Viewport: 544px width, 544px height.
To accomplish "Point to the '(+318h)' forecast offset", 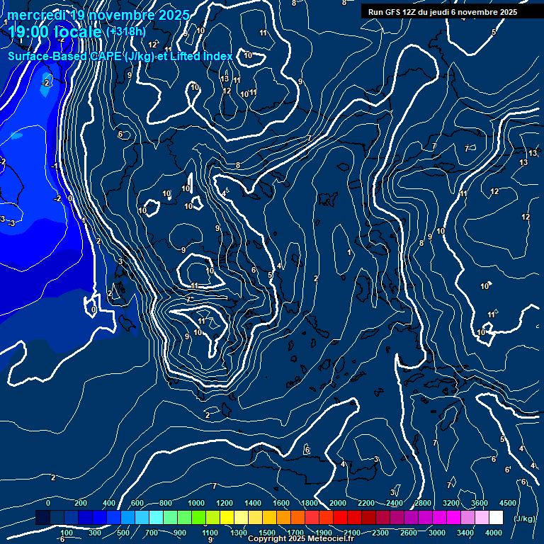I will [125, 31].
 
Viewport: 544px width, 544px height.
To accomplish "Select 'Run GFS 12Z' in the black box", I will [395, 12].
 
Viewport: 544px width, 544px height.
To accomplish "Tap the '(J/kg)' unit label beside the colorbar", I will [524, 518].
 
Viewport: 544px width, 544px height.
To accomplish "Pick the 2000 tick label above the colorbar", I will [338, 502].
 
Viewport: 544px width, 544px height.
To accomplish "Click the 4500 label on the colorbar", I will [508, 502].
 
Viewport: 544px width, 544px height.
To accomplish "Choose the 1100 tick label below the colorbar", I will [210, 533].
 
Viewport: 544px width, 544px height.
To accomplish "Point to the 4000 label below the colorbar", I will [494, 533].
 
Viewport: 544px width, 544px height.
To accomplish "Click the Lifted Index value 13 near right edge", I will [533, 153].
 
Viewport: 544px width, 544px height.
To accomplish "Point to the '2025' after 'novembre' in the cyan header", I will [173, 15].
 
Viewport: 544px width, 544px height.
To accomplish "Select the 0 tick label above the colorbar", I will [48, 502].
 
